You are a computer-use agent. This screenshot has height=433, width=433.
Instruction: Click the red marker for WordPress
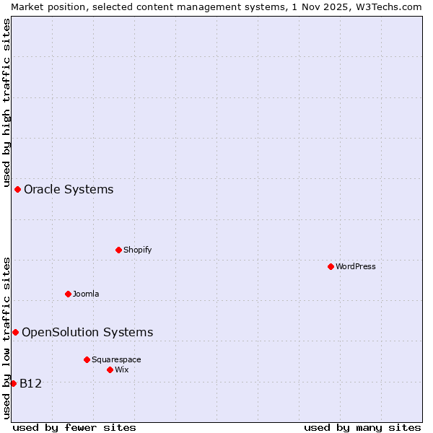[x=331, y=266]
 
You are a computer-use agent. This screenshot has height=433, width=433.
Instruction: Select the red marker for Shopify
[x=118, y=250]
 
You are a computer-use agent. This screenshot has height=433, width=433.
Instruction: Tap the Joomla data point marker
[x=68, y=294]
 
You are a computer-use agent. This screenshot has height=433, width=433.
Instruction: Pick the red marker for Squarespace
[x=87, y=359]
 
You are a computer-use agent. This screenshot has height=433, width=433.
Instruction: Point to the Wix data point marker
[x=110, y=369]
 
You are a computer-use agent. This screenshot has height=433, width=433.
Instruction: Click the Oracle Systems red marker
[x=17, y=189]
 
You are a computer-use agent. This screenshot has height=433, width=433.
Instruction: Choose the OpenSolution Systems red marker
[x=15, y=332]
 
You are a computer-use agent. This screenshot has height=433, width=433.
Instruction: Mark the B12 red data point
[x=13, y=383]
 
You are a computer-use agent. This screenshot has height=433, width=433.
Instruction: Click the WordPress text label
[x=356, y=266]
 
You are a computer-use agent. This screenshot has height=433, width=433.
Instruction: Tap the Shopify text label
[x=137, y=250]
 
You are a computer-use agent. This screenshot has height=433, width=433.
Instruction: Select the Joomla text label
[x=86, y=294]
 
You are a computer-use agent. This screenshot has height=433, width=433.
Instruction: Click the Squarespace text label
[x=116, y=359]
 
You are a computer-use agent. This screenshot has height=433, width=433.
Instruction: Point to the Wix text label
[x=121, y=369]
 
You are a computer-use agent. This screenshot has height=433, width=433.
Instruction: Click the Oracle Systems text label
[x=69, y=190]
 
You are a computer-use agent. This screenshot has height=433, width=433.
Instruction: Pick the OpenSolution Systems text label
[x=87, y=333]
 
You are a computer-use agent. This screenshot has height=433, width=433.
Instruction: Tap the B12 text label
[x=30, y=384]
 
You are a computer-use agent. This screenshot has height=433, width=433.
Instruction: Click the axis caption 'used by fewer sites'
[x=74, y=427]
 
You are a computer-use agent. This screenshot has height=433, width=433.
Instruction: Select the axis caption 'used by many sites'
[x=362, y=427]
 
